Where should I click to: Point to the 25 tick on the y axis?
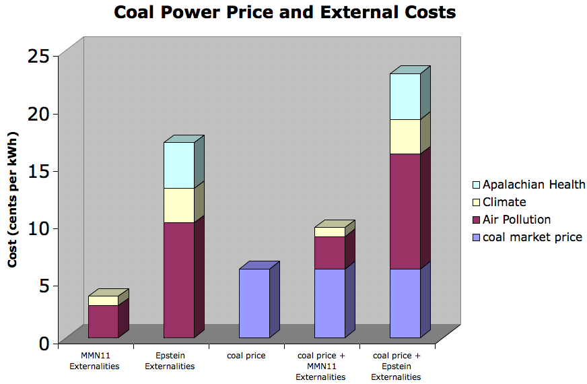38,56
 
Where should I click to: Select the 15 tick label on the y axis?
38,171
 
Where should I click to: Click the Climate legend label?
504,202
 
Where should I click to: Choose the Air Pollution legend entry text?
516,220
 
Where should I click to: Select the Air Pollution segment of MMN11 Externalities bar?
103,321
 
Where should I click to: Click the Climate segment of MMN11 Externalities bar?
103,300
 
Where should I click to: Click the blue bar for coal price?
254,303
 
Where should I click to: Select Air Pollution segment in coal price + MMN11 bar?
330,253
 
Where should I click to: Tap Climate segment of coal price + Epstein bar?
405,137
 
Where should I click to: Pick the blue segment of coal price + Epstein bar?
405,303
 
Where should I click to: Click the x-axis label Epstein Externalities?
170,360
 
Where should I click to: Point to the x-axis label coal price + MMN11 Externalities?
320,366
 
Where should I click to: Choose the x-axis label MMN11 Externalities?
94,360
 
